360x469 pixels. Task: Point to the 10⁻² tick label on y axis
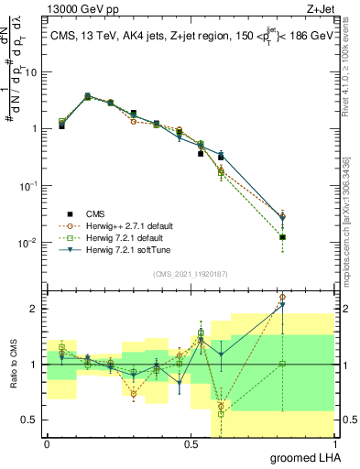pos(30,242)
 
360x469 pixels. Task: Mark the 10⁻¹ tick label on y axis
pos(30,185)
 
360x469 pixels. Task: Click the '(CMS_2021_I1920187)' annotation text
pos(190,274)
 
